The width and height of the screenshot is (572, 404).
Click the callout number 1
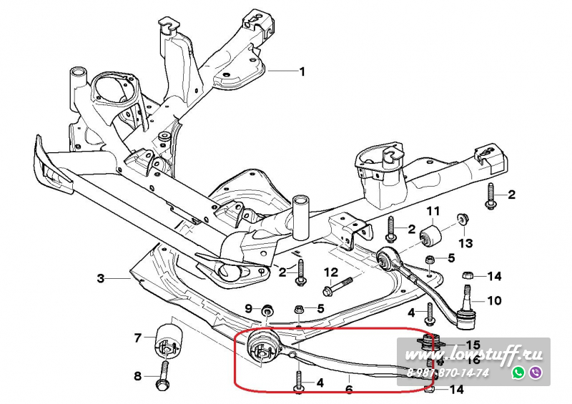pos(302,72)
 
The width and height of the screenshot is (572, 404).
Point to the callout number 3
pos(101,277)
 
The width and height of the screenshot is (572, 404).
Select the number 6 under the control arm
pos(349,390)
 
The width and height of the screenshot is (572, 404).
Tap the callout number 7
pos(137,337)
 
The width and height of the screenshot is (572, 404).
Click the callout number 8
pos(137,375)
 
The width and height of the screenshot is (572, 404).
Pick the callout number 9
pos(249,308)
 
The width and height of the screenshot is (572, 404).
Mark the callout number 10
pos(495,300)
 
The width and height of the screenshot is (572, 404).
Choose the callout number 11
pos(433,211)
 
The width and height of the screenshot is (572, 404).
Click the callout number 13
pos(466,244)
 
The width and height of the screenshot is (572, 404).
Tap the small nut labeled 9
pos(267,309)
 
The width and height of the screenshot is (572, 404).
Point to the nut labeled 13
pos(462,218)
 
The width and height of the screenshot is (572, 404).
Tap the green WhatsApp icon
pos(518,373)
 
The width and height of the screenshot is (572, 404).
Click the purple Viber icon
pos(535,373)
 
